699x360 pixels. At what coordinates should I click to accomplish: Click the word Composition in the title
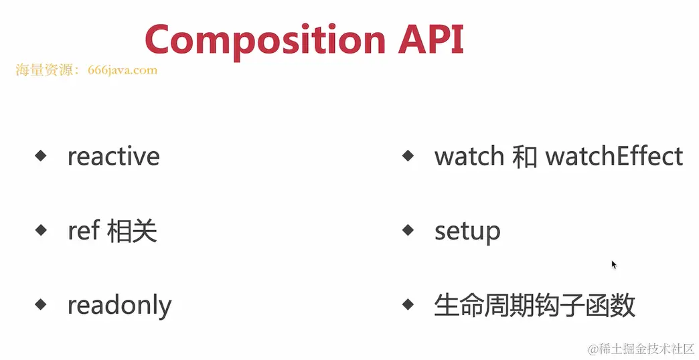coord(264,40)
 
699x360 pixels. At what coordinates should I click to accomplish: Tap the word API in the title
coord(431,39)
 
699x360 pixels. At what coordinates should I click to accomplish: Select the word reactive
coord(114,157)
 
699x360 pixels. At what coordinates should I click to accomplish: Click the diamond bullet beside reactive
coord(41,155)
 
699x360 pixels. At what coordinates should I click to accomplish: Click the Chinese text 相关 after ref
coord(132,231)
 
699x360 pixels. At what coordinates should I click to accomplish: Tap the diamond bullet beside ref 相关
coord(41,230)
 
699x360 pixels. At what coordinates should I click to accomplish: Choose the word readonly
coord(119,306)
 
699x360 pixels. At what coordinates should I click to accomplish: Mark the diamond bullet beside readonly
coord(41,304)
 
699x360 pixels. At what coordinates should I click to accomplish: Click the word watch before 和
coord(469,157)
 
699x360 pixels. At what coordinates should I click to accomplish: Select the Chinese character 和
coord(525,157)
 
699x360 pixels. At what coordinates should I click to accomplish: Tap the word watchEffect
coord(614,157)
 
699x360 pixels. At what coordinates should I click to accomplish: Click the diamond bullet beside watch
coord(408,155)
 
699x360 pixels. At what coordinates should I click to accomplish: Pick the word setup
coord(467,232)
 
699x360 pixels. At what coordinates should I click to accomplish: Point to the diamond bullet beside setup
coord(408,230)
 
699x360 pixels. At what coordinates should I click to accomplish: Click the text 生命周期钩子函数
coord(534,305)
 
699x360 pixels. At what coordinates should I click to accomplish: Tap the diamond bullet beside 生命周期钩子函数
coord(408,304)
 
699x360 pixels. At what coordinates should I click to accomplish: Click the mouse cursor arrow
coord(613,264)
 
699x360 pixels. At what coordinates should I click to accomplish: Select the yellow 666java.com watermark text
coord(123,70)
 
